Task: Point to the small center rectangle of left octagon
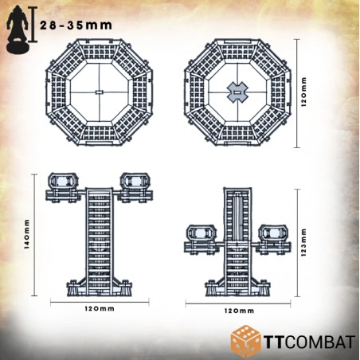99,93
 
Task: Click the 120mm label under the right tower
236,309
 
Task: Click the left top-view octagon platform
99,93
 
